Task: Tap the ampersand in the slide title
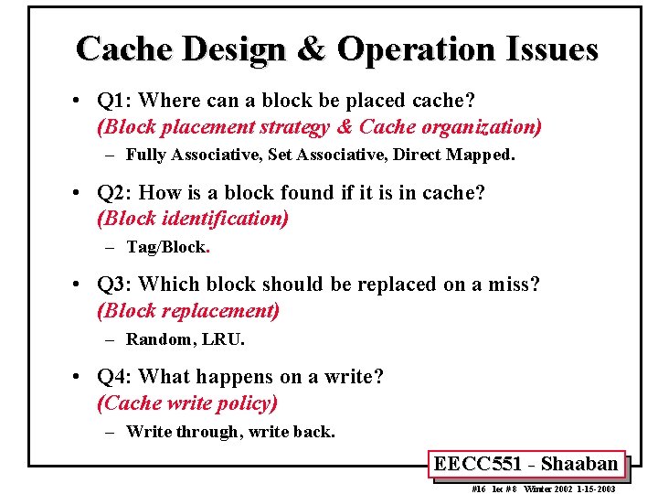coord(312,48)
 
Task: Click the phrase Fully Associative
coord(194,156)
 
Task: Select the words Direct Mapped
coord(453,156)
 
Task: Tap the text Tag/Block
coord(167,247)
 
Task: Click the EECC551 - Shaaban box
coord(525,464)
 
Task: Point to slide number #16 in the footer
coord(478,489)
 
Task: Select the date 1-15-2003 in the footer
coord(593,489)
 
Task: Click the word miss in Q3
coord(516,285)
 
